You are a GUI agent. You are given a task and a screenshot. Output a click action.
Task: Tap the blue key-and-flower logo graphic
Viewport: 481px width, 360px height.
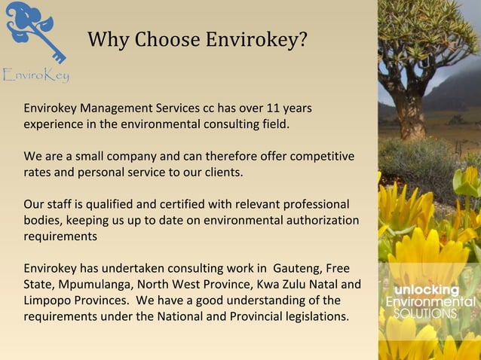[34, 30]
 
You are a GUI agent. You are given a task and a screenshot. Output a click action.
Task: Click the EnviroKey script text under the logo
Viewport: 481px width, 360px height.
[35, 75]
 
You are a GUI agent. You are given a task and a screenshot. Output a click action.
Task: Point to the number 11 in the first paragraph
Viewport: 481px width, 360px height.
[265, 108]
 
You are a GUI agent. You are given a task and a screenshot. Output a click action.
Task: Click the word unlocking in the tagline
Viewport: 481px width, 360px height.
[427, 291]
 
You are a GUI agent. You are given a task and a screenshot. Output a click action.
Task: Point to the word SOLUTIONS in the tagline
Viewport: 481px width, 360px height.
[426, 313]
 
